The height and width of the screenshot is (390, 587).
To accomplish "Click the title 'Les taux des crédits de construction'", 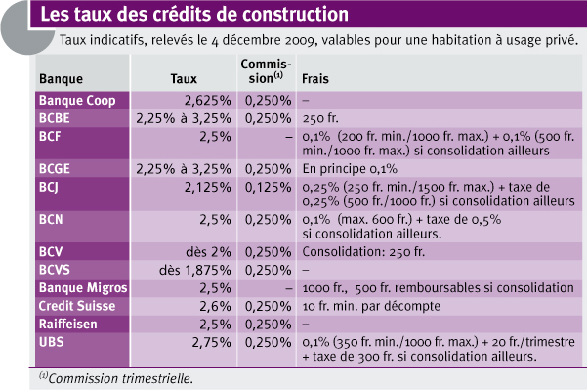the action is pyautogui.click(x=194, y=14).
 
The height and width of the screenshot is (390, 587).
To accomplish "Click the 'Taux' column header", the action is pyautogui.click(x=184, y=78).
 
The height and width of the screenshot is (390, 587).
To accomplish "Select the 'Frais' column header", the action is pyautogui.click(x=315, y=78).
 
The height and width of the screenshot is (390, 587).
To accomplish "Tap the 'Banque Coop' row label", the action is pyautogui.click(x=77, y=101).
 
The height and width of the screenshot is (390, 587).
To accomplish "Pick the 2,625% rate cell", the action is pyautogui.click(x=207, y=101).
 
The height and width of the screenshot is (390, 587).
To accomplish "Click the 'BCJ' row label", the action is pyautogui.click(x=49, y=187).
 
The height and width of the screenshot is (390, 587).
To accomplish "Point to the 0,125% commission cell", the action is pyautogui.click(x=268, y=187).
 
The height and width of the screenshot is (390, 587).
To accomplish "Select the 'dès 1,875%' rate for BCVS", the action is pyautogui.click(x=194, y=270).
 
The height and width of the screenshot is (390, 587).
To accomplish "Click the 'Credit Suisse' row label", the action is pyautogui.click(x=77, y=306).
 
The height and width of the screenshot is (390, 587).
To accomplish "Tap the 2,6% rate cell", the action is pyautogui.click(x=215, y=306).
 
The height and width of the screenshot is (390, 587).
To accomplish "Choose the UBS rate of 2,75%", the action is pyautogui.click(x=211, y=342).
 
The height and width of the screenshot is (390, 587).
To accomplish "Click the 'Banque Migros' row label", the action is pyautogui.click(x=83, y=287).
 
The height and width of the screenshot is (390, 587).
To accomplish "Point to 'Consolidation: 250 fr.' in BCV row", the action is pyautogui.click(x=363, y=252).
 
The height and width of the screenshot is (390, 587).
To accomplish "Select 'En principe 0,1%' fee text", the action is pyautogui.click(x=350, y=169).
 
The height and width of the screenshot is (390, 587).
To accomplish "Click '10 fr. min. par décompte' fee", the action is pyautogui.click(x=371, y=306).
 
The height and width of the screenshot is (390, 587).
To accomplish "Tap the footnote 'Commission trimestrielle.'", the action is pyautogui.click(x=120, y=378).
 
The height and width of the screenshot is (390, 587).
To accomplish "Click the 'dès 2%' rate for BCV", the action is pyautogui.click(x=208, y=252).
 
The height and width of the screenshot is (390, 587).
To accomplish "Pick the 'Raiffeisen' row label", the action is pyautogui.click(x=67, y=325).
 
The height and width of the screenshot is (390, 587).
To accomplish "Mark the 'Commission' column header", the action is pyautogui.click(x=266, y=71).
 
